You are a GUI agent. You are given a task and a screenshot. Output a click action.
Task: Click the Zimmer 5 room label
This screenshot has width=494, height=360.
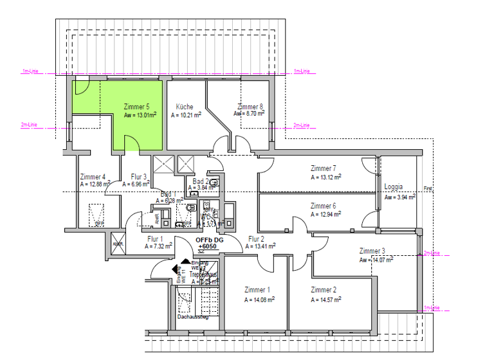[136, 107]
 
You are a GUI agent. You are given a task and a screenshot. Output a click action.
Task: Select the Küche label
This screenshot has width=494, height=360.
[185, 107]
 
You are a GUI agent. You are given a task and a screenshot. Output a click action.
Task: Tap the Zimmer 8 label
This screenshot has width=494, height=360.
[250, 107]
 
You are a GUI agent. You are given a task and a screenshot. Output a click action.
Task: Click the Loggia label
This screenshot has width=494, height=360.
[393, 187]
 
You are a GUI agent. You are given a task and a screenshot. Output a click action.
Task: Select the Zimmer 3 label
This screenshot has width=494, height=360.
[372, 251]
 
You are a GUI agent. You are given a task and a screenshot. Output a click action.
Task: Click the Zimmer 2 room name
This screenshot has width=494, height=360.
[324, 290]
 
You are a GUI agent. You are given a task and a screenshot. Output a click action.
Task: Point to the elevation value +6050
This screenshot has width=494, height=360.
[206, 246]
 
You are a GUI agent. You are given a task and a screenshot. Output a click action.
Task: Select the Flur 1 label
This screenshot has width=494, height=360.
[154, 239]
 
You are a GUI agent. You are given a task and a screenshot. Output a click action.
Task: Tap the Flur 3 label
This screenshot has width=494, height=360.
[139, 176]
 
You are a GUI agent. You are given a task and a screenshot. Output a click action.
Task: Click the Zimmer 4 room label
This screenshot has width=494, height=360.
[93, 176]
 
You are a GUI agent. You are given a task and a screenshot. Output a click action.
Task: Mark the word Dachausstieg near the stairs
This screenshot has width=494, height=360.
[193, 317]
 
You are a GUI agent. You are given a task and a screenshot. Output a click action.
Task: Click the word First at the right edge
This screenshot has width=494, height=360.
[428, 189]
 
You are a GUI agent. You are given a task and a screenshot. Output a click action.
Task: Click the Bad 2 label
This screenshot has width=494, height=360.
[201, 181]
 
